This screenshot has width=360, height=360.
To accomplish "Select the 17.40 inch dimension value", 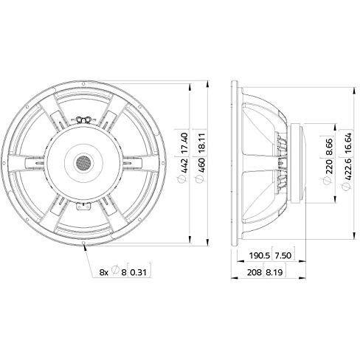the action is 185,142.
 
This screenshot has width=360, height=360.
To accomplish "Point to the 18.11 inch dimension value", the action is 201,142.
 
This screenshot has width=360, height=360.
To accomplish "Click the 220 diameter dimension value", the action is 329,167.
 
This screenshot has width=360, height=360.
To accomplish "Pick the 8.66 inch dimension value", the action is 329,147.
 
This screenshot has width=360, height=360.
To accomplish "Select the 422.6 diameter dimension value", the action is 348,170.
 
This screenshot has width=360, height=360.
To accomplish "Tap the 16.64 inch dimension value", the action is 348,143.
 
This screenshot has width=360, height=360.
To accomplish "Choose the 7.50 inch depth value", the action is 283,256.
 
